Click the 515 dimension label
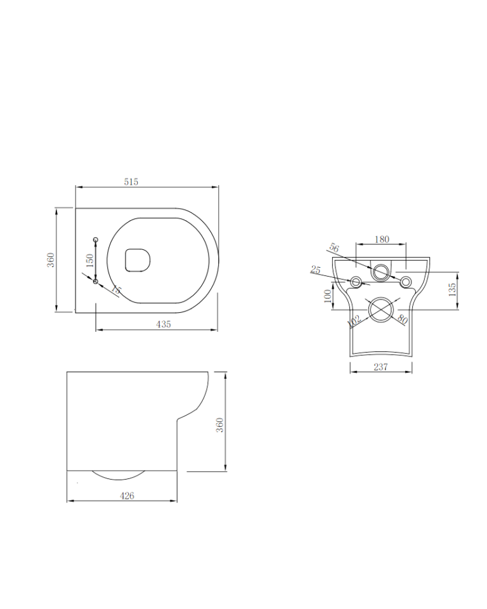tap(131, 182)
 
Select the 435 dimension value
tap(164, 324)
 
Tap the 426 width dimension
tap(127, 495)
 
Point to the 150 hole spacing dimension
tap(89, 260)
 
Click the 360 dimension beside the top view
tap(51, 260)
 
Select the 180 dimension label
tap(382, 239)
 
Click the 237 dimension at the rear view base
tap(380, 367)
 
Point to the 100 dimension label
tap(328, 296)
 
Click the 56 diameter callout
tap(335, 248)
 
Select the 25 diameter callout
tap(316, 270)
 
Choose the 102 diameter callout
tap(354, 319)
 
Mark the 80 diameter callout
tap(401, 318)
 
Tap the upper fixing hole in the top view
tap(96, 239)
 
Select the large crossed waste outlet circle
tap(381, 308)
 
